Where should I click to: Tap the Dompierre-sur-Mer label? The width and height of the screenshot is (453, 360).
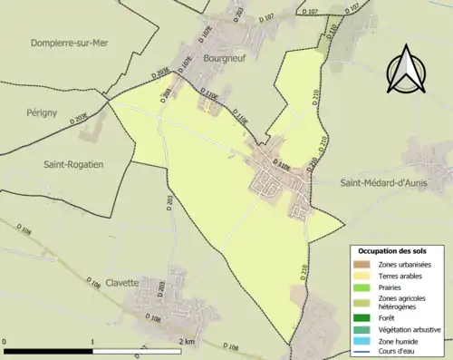70,43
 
